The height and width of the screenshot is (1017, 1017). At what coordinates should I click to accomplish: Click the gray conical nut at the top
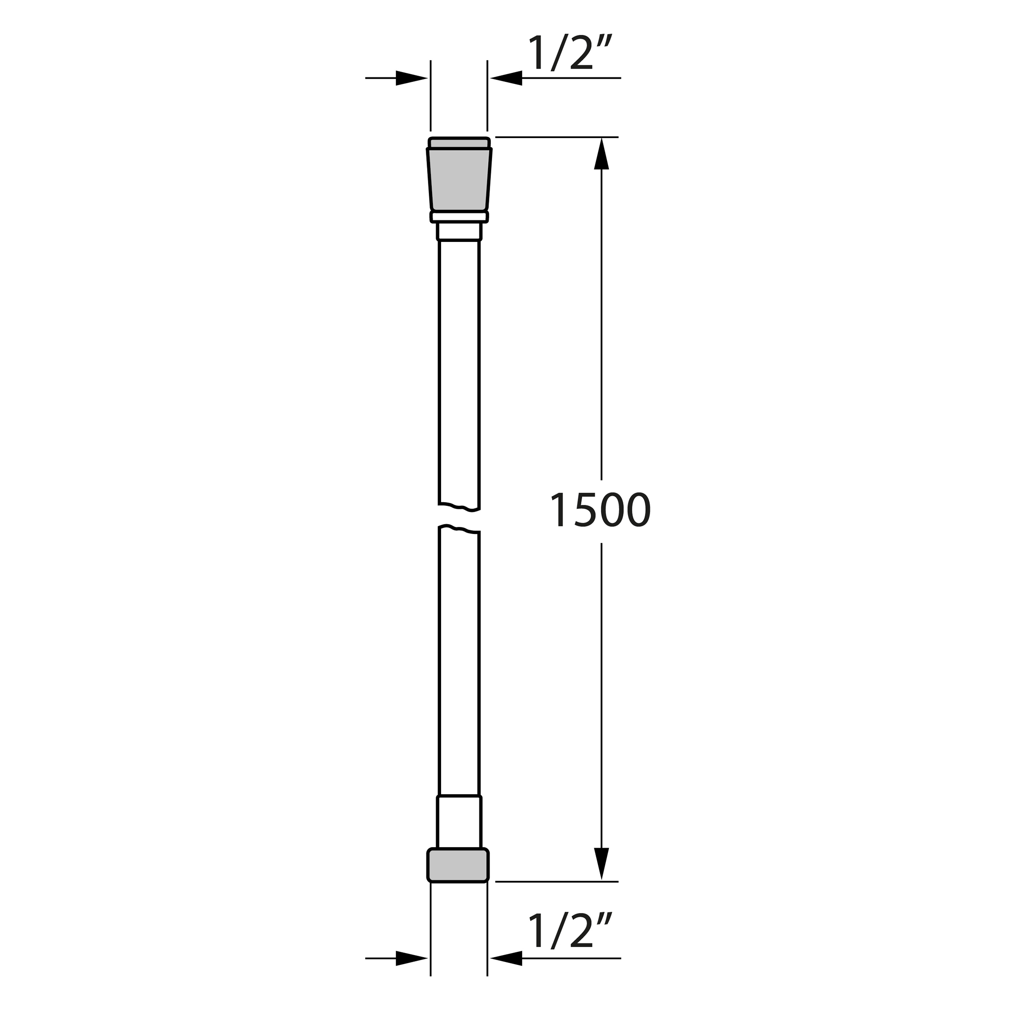click(459, 180)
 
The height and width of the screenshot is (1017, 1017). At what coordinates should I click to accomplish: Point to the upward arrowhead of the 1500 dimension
click(601, 154)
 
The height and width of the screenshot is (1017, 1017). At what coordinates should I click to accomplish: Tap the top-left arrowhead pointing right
click(411, 78)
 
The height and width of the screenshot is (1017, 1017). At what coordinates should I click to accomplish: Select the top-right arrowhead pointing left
click(506, 78)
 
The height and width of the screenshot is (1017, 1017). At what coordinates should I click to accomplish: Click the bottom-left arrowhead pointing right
click(411, 958)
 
